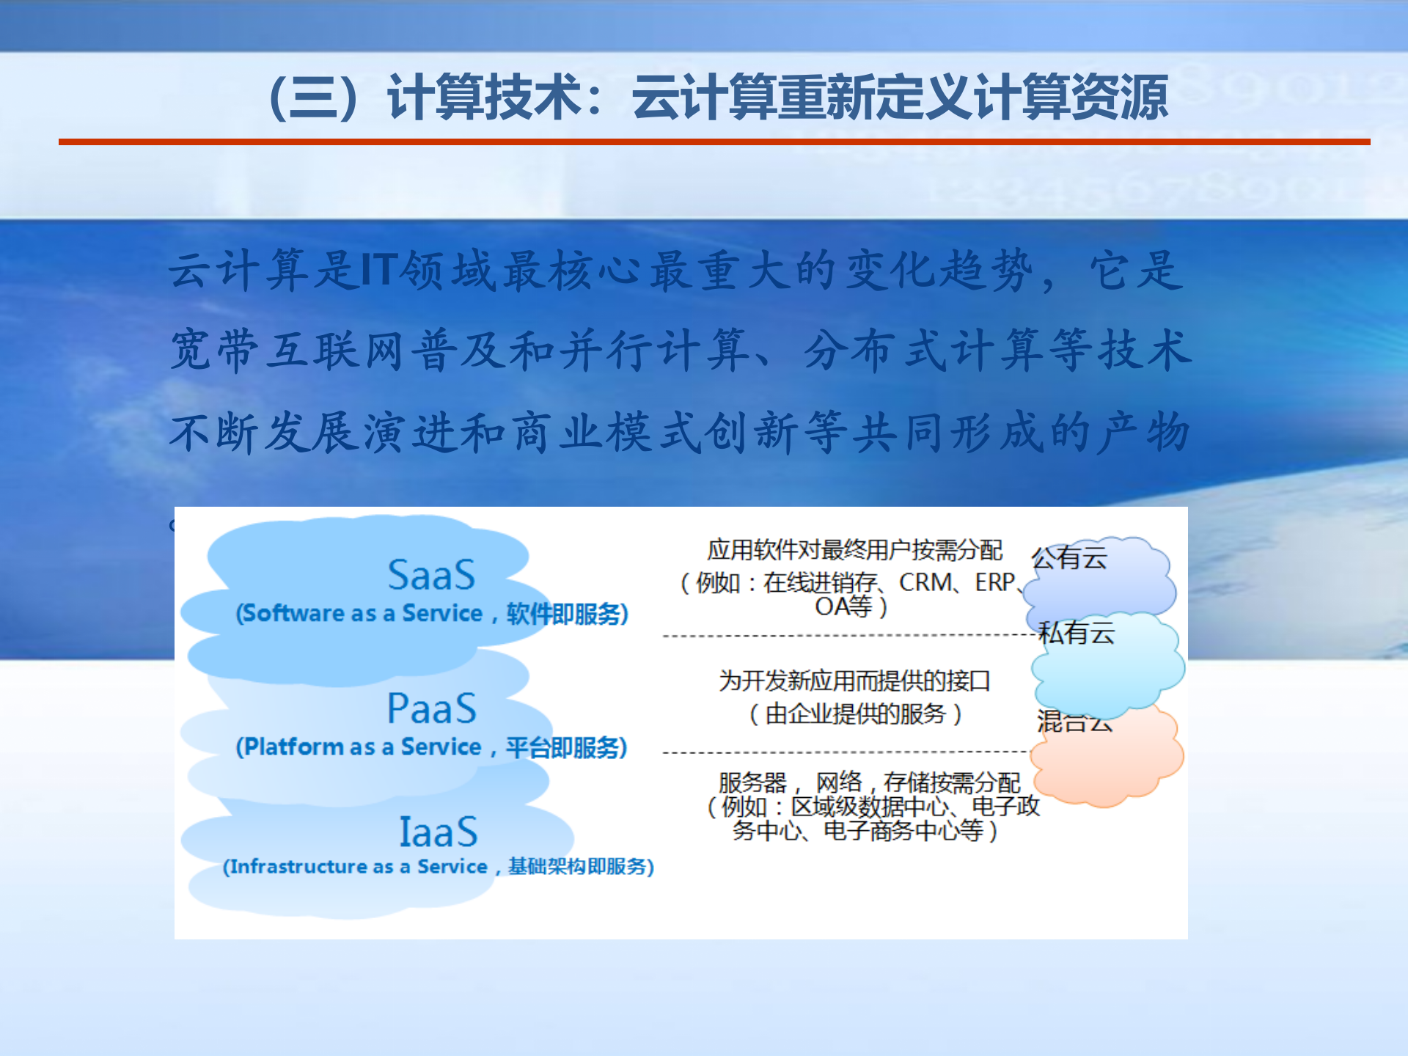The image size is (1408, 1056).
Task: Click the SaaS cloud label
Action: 431,575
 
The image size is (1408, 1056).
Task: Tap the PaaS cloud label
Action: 432,708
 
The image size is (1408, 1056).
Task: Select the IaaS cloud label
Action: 438,832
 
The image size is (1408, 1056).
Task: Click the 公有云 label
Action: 1069,558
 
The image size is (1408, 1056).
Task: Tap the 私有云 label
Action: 1077,633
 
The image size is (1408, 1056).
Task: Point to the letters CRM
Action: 925,583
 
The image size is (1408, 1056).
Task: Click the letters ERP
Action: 994,583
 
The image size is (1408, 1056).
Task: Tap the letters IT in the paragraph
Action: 379,269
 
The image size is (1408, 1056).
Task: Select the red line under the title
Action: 714,142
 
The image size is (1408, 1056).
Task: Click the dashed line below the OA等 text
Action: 843,636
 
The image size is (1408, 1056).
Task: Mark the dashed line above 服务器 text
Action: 843,752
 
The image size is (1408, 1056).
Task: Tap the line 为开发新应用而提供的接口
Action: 854,681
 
